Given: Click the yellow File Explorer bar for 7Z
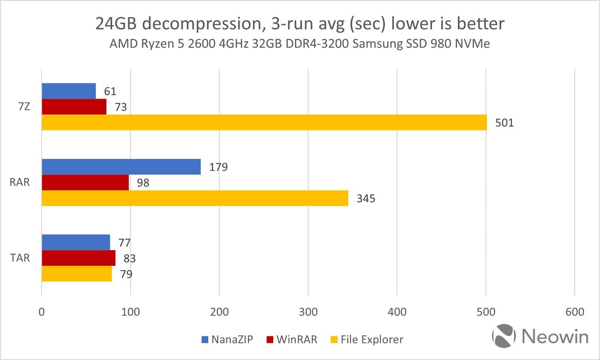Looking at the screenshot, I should (264, 122).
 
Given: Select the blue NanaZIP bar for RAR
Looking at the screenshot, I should (121, 167).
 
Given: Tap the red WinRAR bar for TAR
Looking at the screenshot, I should (78, 258).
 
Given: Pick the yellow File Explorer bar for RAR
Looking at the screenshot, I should (195, 198).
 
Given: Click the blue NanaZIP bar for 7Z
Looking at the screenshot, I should (69, 91).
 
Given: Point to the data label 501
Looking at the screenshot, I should (504, 123).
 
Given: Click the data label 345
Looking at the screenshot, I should (366, 198).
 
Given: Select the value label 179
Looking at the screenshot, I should (218, 167).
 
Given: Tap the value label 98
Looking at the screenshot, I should (143, 183).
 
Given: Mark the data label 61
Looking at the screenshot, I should (110, 91).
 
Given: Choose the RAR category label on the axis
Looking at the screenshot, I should (20, 182).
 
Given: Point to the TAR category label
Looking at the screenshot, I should (20, 258).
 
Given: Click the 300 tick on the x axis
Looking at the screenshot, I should (308, 312).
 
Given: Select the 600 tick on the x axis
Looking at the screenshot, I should (574, 312).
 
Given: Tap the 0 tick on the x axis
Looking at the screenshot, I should (42, 312).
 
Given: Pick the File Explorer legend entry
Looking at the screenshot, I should (367, 340).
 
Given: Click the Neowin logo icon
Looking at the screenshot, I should (504, 336).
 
